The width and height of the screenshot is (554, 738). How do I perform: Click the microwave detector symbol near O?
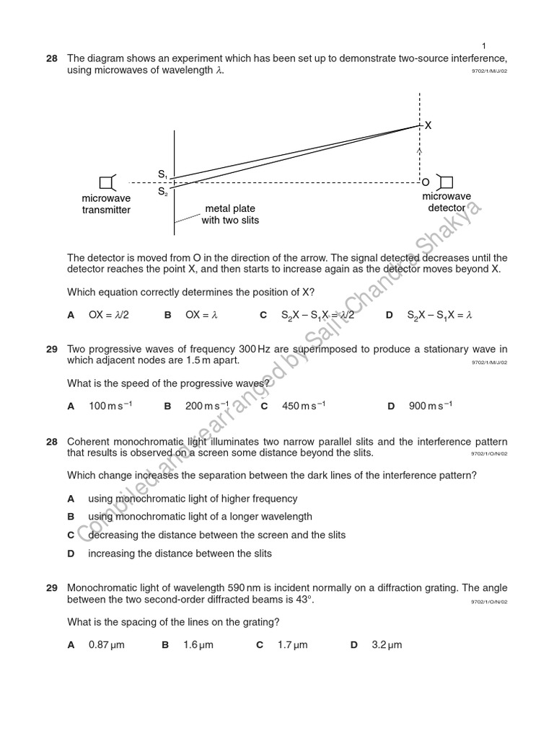[x=446, y=182]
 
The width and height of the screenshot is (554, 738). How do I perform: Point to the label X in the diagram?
[x=428, y=125]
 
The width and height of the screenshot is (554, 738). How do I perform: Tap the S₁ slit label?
[x=162, y=174]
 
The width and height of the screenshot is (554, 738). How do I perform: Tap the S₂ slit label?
[x=162, y=192]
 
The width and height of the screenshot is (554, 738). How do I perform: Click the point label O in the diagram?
[x=426, y=182]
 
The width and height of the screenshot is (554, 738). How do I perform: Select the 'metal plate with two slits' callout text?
[x=229, y=215]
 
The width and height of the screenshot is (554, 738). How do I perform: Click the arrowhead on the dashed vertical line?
[x=420, y=152]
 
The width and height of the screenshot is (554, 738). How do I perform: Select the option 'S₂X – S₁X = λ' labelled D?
[x=439, y=315]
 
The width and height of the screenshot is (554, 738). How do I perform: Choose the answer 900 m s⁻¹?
[x=430, y=406]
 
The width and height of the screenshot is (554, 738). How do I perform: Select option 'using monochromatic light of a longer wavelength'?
[x=200, y=517]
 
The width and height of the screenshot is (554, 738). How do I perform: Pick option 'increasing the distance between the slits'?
[x=180, y=553]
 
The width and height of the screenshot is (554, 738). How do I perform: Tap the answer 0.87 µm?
[x=106, y=645]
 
